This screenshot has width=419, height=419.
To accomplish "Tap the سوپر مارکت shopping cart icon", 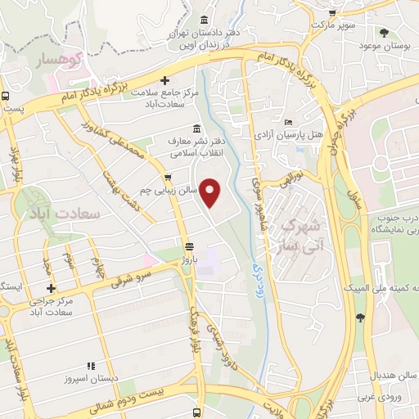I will click(332, 13).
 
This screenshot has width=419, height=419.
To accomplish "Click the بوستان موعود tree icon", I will click(384, 33).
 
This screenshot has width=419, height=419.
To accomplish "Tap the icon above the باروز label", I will click(189, 246).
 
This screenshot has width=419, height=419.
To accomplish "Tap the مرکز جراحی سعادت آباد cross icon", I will click(52, 289).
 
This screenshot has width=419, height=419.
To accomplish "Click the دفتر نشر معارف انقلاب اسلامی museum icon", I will click(196, 128).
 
